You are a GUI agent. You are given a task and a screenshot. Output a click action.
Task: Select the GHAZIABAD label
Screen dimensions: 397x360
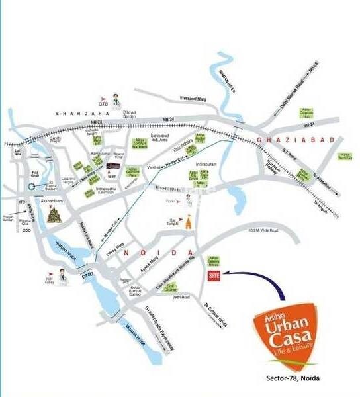(281, 140)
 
